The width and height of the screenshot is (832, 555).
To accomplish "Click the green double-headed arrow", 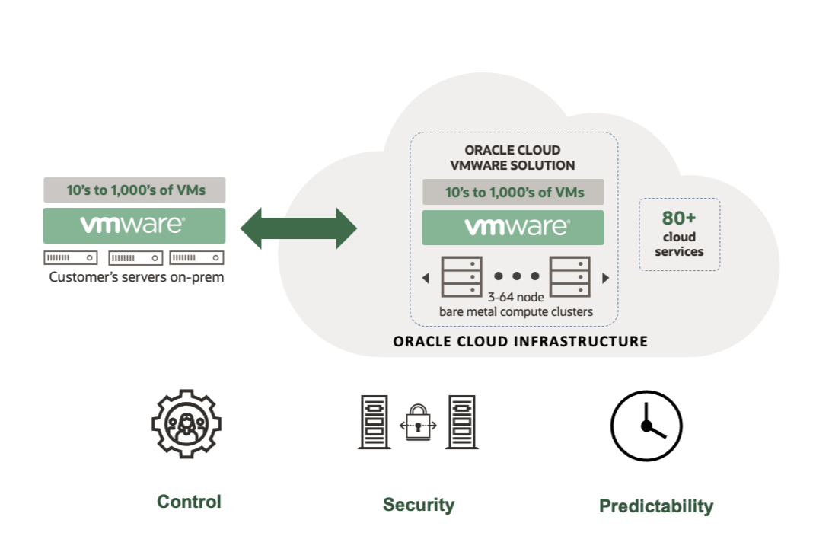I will (298, 228).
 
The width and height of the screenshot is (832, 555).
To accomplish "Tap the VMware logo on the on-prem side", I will (134, 225).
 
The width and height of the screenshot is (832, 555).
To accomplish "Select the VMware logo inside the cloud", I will (513, 228).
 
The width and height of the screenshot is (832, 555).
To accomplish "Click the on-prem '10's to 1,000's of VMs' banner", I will (134, 190).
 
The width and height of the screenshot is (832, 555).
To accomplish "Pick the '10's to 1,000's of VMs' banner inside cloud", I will (513, 192).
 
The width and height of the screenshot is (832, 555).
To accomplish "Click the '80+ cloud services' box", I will (679, 234).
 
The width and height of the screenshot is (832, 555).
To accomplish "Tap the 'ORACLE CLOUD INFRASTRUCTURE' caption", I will (520, 342).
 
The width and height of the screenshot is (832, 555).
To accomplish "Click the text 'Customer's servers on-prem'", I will (136, 277).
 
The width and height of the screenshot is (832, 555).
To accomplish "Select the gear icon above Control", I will (186, 425).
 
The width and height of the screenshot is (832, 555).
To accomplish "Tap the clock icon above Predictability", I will (646, 426).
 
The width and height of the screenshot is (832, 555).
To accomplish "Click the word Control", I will (189, 502).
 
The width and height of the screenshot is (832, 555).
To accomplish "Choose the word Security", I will (418, 505).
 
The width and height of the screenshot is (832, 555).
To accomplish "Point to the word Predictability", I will (655, 506).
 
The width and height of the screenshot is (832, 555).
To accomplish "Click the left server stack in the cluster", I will (461, 276).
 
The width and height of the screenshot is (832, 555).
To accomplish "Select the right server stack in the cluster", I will (570, 276).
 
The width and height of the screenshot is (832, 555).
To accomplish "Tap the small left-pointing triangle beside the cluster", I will (426, 279).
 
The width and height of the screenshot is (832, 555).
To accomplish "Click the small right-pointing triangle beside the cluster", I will (605, 279).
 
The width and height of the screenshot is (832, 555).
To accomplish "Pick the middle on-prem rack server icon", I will (135, 258).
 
